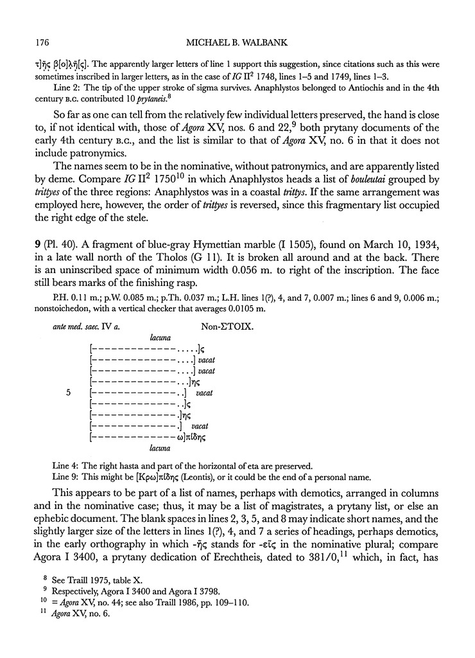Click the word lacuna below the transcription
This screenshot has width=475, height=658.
click(x=159, y=448)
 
